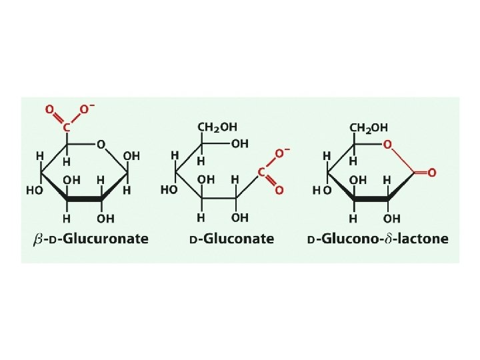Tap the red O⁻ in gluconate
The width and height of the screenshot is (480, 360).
(x=281, y=154)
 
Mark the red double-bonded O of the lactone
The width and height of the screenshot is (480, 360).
(x=431, y=173)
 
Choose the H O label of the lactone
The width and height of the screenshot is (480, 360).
(x=322, y=190)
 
